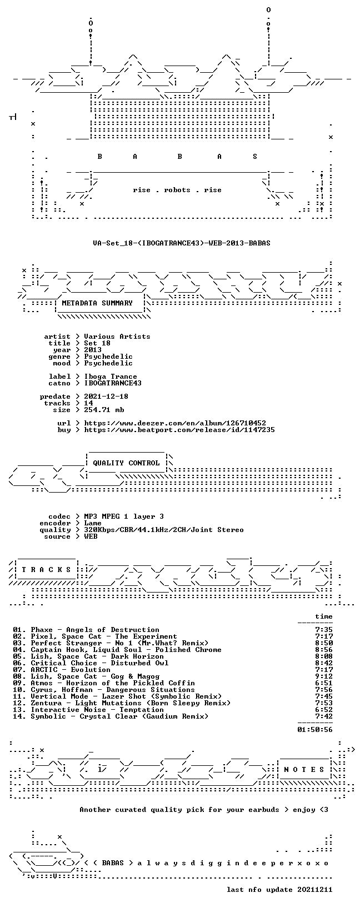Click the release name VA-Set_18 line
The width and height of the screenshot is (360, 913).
(182, 243)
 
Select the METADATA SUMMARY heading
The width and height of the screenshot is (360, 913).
(97, 303)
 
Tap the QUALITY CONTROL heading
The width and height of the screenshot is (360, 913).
(126, 463)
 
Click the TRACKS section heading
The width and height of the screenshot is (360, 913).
(46, 570)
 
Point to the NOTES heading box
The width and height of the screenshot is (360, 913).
(304, 770)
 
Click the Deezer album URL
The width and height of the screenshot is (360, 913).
(175, 423)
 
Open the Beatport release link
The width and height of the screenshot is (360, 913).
(179, 430)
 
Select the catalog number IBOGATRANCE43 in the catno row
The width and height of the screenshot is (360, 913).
(113, 383)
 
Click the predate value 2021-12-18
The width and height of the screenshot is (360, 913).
(106, 397)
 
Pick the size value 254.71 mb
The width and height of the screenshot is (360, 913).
(104, 410)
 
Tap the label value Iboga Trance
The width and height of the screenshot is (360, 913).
(111, 377)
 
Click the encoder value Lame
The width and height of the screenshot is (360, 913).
(93, 523)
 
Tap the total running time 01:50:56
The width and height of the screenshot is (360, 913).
(315, 730)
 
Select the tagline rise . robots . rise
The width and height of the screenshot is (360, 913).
(177, 190)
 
